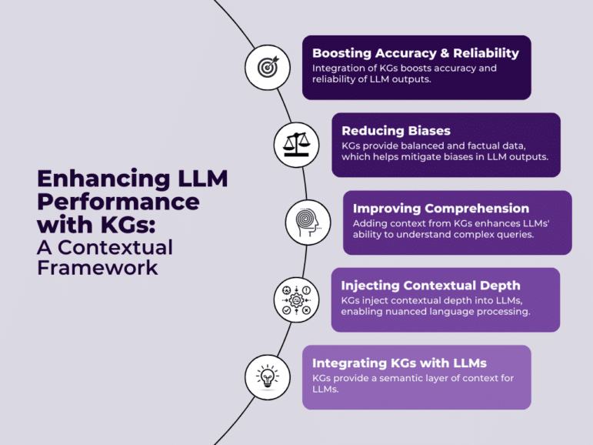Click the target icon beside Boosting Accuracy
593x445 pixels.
267,67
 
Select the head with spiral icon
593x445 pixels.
308,222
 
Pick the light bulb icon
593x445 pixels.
267,376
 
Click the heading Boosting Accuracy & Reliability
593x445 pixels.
415,53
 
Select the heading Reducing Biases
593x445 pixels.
396,131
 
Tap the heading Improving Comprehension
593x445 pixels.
441,208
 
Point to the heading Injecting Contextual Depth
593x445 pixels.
430,286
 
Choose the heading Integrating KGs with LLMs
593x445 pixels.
399,363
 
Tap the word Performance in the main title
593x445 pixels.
118,202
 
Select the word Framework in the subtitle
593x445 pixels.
98,268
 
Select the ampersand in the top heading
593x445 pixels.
444,53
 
